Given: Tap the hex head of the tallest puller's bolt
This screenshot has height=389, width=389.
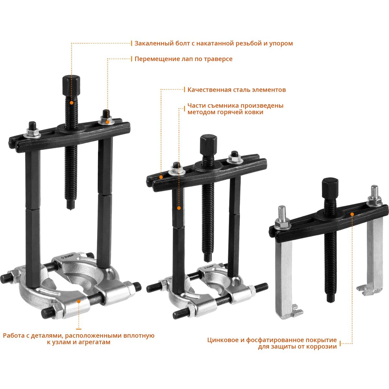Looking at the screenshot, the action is [71, 86].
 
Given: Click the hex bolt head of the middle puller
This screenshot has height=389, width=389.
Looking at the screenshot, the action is [208, 145].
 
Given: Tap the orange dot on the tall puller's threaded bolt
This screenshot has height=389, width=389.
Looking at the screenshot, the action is [71, 103].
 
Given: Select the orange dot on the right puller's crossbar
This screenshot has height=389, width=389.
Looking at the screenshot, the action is [352, 214].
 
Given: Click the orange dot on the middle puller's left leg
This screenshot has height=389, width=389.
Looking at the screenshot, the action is [179, 208].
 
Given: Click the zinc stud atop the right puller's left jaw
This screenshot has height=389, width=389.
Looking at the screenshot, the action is [282, 213].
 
